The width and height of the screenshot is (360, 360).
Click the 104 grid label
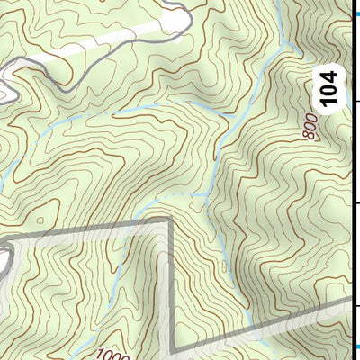(331, 89)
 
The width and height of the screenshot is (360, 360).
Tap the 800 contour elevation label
(311, 127)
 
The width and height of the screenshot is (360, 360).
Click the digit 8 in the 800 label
(312, 136)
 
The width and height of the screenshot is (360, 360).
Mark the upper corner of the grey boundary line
(169, 219)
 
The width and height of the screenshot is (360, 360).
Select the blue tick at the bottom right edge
(355, 346)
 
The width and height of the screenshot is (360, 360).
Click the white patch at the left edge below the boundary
(4, 261)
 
